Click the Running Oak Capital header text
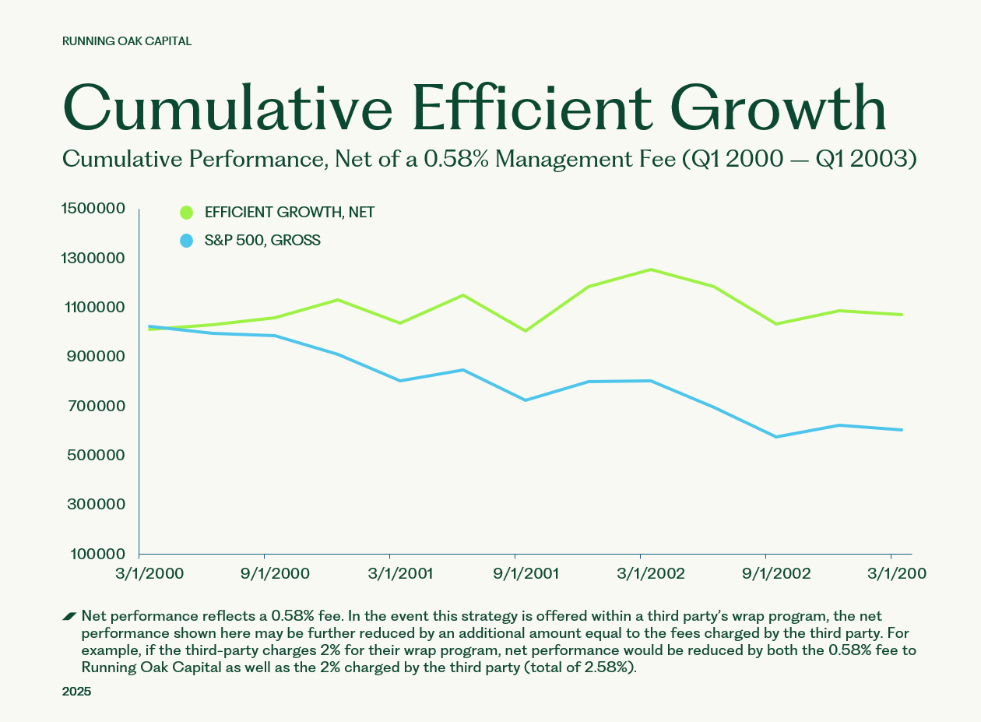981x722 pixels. click(127, 41)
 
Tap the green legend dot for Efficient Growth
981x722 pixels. click(186, 213)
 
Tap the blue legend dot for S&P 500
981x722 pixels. click(186, 241)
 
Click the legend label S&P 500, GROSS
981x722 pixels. click(262, 241)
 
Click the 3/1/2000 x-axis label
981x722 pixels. click(150, 574)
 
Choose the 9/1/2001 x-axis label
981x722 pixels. click(526, 574)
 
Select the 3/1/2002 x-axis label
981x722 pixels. click(651, 574)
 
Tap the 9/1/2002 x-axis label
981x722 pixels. click(776, 574)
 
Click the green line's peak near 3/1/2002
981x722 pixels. click(651, 269)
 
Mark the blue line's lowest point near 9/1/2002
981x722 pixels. click(776, 437)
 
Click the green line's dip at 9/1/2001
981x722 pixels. click(526, 331)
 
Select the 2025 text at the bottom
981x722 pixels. click(76, 692)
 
